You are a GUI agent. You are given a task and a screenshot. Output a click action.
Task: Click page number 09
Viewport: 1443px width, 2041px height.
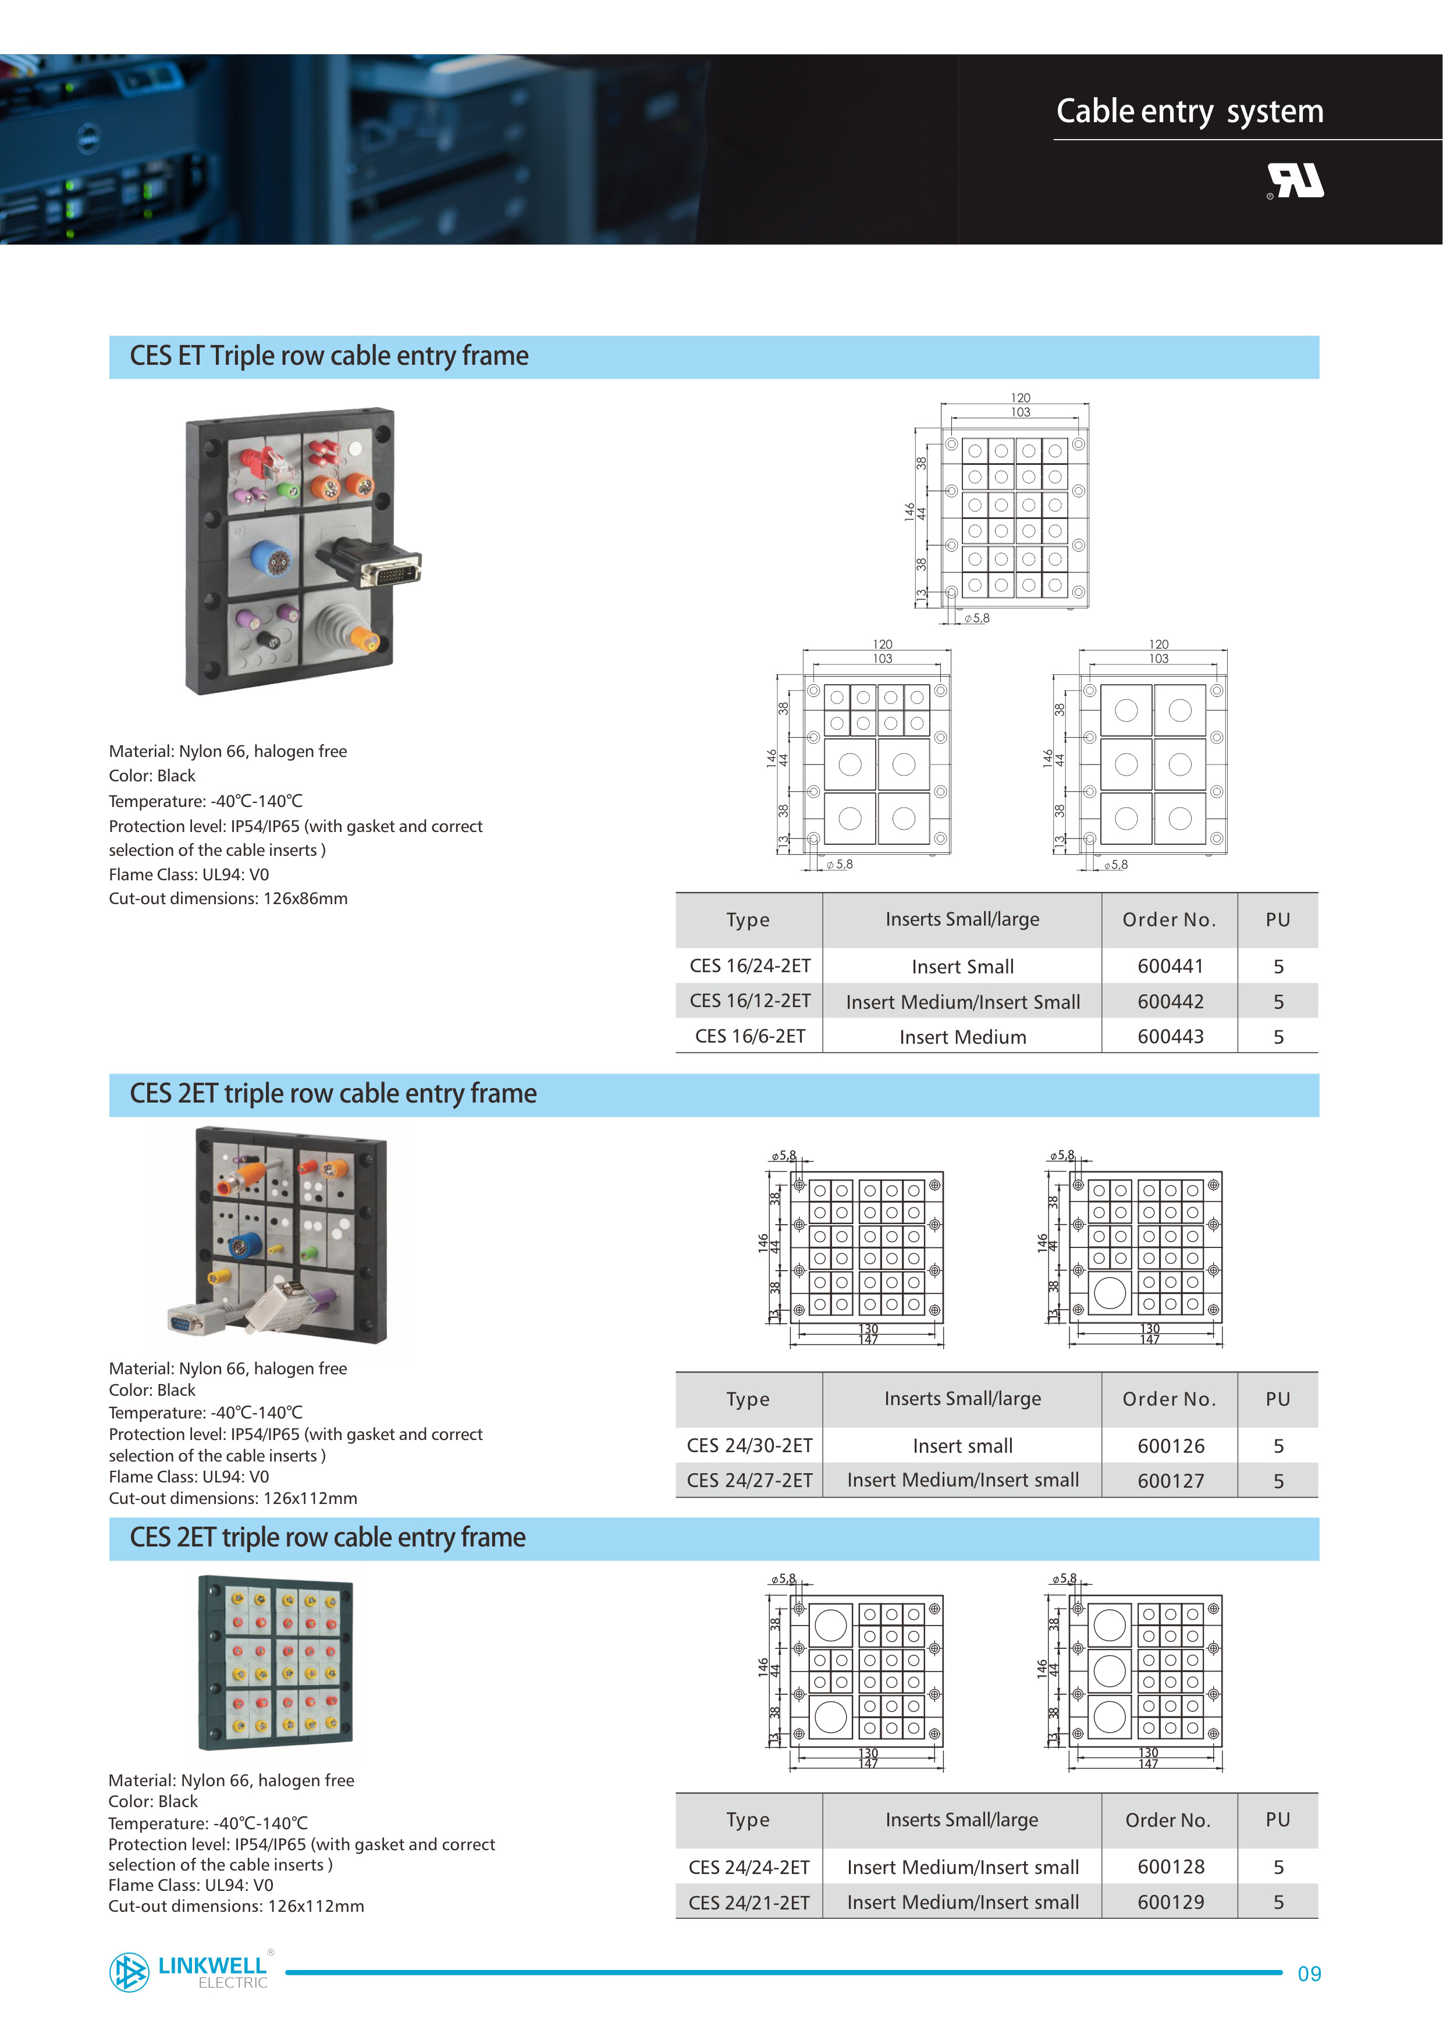(x=1309, y=1974)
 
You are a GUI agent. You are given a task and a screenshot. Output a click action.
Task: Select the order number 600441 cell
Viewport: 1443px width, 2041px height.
(x=1170, y=966)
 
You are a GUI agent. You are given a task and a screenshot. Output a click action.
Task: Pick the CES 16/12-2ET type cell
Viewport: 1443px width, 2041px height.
(x=749, y=1001)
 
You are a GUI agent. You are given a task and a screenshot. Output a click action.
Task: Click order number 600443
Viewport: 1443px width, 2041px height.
(x=1170, y=1037)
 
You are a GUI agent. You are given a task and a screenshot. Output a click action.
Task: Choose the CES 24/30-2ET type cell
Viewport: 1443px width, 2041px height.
(x=749, y=1445)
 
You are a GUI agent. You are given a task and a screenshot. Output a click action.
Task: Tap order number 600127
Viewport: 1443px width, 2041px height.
(x=1170, y=1481)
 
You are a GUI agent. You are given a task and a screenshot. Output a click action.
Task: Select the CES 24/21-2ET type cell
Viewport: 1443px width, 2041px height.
(x=749, y=1903)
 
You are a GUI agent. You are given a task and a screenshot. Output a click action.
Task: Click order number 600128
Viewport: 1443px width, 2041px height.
(x=1170, y=1867)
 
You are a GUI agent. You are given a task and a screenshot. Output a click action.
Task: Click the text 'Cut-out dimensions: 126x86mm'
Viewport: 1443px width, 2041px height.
(x=229, y=899)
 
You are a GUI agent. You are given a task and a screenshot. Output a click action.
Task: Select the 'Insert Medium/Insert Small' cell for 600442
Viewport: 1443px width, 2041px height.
(x=963, y=1002)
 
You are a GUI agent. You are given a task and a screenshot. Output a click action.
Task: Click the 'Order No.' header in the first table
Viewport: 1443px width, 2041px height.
(x=1169, y=920)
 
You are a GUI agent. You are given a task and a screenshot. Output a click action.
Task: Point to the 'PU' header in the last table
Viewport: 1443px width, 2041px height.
(x=1278, y=1820)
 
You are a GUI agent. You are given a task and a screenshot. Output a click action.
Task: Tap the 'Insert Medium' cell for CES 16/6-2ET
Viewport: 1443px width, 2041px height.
(x=963, y=1037)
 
